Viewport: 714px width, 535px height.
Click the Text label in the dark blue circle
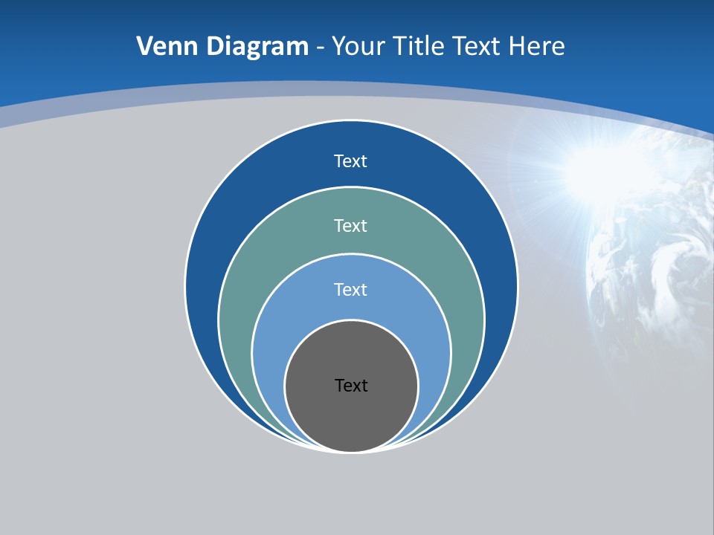351,161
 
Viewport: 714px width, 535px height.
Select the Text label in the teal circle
351,225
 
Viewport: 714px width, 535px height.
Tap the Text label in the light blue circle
351,289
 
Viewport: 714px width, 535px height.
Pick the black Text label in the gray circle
351,386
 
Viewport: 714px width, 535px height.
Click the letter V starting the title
144,47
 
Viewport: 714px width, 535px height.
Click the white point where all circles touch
351,451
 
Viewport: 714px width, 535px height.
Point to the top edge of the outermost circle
351,120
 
